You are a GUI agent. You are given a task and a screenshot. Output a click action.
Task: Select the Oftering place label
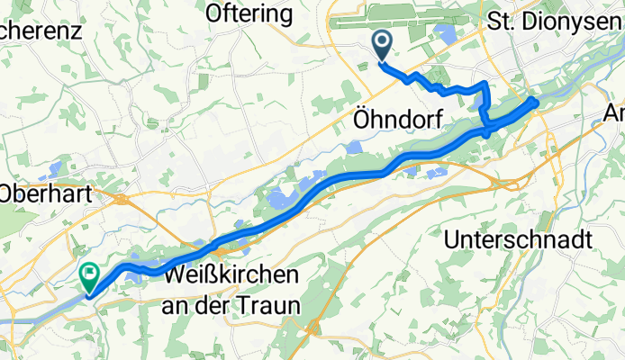click(x=249, y=14)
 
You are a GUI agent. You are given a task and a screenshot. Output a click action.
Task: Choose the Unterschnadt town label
click(x=518, y=240)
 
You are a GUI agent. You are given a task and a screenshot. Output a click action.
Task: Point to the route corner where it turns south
click(x=486, y=84)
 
